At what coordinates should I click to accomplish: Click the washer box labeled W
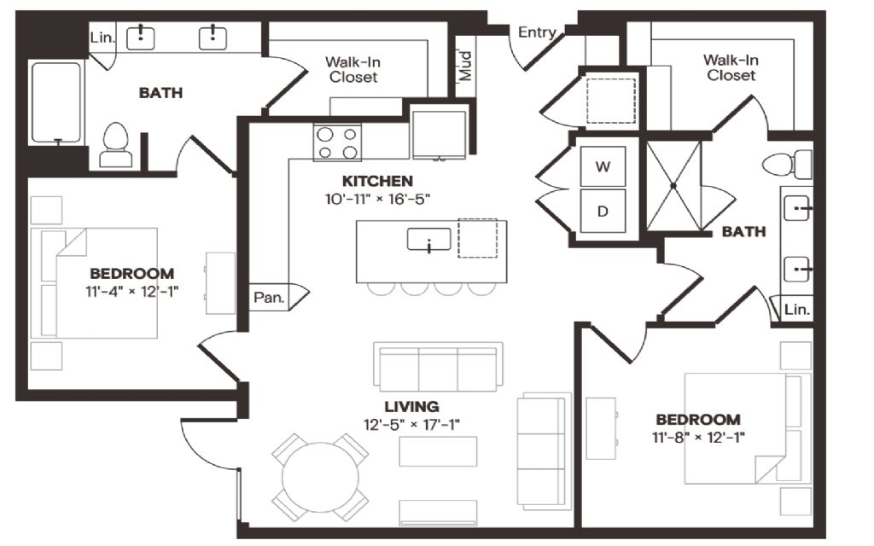click(x=603, y=166)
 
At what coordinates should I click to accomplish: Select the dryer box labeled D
click(x=603, y=212)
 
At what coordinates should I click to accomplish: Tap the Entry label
click(x=537, y=33)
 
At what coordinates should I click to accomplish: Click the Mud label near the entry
click(x=465, y=66)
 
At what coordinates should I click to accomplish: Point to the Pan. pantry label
click(x=269, y=298)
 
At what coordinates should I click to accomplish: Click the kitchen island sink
click(x=428, y=240)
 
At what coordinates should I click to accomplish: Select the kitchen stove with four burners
click(x=337, y=142)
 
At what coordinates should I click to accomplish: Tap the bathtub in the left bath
click(x=55, y=103)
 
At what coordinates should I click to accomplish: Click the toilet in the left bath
click(x=116, y=145)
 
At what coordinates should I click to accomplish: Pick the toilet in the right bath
click(x=787, y=165)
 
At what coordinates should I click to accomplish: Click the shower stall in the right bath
click(x=673, y=185)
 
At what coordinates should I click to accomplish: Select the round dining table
click(x=321, y=478)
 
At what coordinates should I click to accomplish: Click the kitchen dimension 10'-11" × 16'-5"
click(x=378, y=199)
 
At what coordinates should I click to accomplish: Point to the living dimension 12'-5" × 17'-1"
click(x=411, y=425)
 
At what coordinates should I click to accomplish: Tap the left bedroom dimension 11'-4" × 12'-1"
click(x=132, y=292)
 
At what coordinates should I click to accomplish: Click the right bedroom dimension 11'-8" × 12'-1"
click(x=698, y=438)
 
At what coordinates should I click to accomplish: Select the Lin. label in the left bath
click(x=102, y=38)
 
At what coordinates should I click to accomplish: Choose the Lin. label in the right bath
click(x=796, y=309)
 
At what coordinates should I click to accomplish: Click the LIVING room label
click(x=411, y=407)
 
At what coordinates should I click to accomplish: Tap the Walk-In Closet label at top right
click(x=731, y=67)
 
